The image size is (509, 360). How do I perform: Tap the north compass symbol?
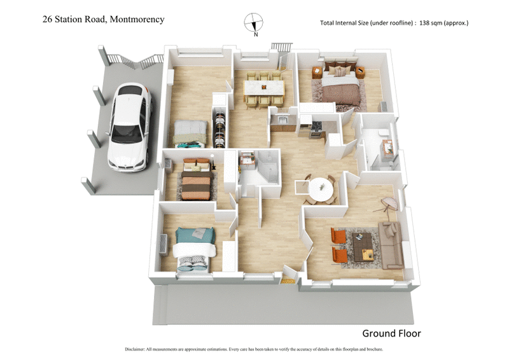coord(254,23)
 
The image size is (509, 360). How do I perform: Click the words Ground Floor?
coord(391,333)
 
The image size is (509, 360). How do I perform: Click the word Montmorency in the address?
coord(137,19)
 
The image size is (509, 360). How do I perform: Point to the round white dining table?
coord(321,188)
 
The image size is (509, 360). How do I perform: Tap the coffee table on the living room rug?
coord(363,246)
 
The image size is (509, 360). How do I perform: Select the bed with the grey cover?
coord(190,132)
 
